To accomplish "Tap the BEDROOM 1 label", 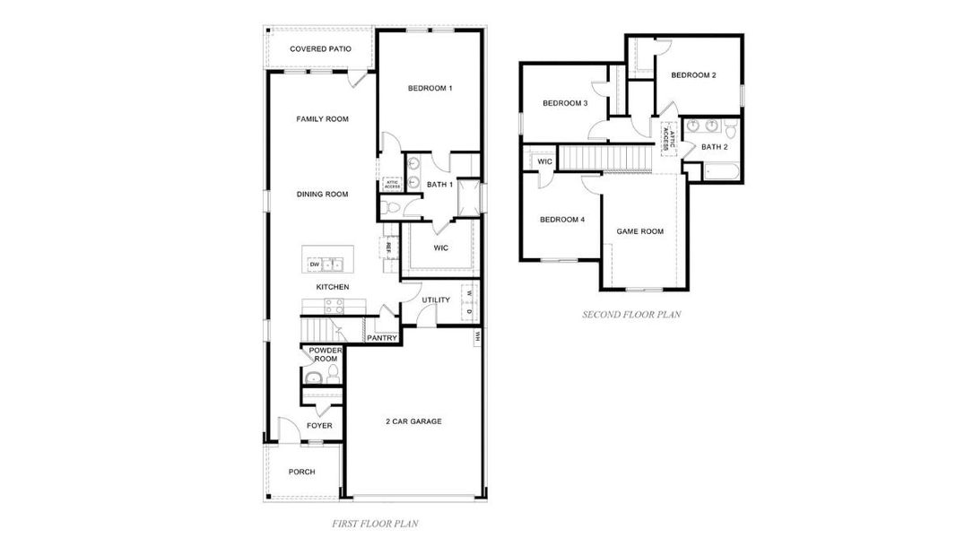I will [x=430, y=88].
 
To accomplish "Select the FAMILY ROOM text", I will [x=322, y=119].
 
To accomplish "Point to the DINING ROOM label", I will [x=322, y=194].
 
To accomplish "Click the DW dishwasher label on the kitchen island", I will [x=315, y=265].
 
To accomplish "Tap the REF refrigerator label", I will [x=388, y=247].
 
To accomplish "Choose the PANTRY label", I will [x=382, y=338].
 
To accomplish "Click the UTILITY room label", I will [x=424, y=301].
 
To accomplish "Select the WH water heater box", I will [x=477, y=337].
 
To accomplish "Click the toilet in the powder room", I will [x=332, y=372].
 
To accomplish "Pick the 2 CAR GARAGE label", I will [x=413, y=421].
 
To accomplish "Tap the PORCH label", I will [x=301, y=473].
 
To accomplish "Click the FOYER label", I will [x=319, y=426].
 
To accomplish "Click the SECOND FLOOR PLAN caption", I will [x=631, y=315].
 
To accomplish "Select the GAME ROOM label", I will [x=639, y=231].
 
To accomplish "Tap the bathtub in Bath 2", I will [x=720, y=171].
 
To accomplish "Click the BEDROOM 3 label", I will [x=565, y=103].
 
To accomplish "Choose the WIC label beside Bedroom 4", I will [x=544, y=162].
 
